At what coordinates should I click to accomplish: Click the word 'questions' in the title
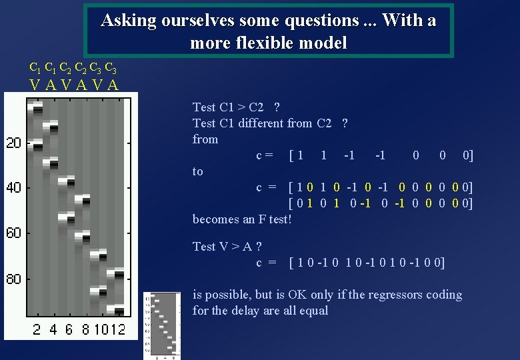[321, 21]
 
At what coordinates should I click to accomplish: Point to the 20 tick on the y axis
[14, 143]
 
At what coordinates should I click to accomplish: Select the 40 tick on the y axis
[14, 188]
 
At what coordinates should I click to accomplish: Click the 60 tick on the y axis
[14, 233]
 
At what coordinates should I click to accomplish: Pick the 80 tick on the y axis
[14, 279]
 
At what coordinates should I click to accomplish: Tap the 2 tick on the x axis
[37, 329]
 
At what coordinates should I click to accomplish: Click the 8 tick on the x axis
[86, 329]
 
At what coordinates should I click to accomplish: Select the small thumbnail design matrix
[161, 325]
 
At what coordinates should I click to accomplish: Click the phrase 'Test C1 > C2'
[228, 107]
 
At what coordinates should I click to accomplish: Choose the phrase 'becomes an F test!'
[242, 219]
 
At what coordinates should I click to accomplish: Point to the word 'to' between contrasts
[198, 171]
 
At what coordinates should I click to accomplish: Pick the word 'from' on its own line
[205, 139]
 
